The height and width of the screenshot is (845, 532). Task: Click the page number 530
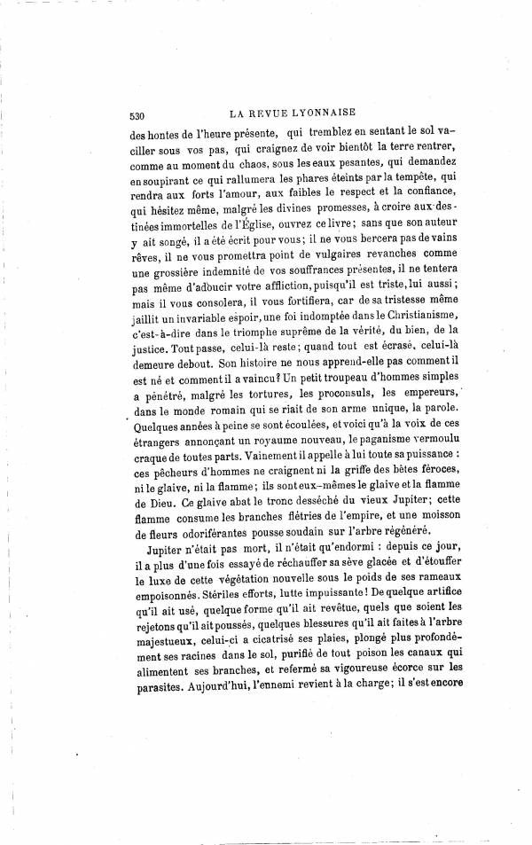137,113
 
